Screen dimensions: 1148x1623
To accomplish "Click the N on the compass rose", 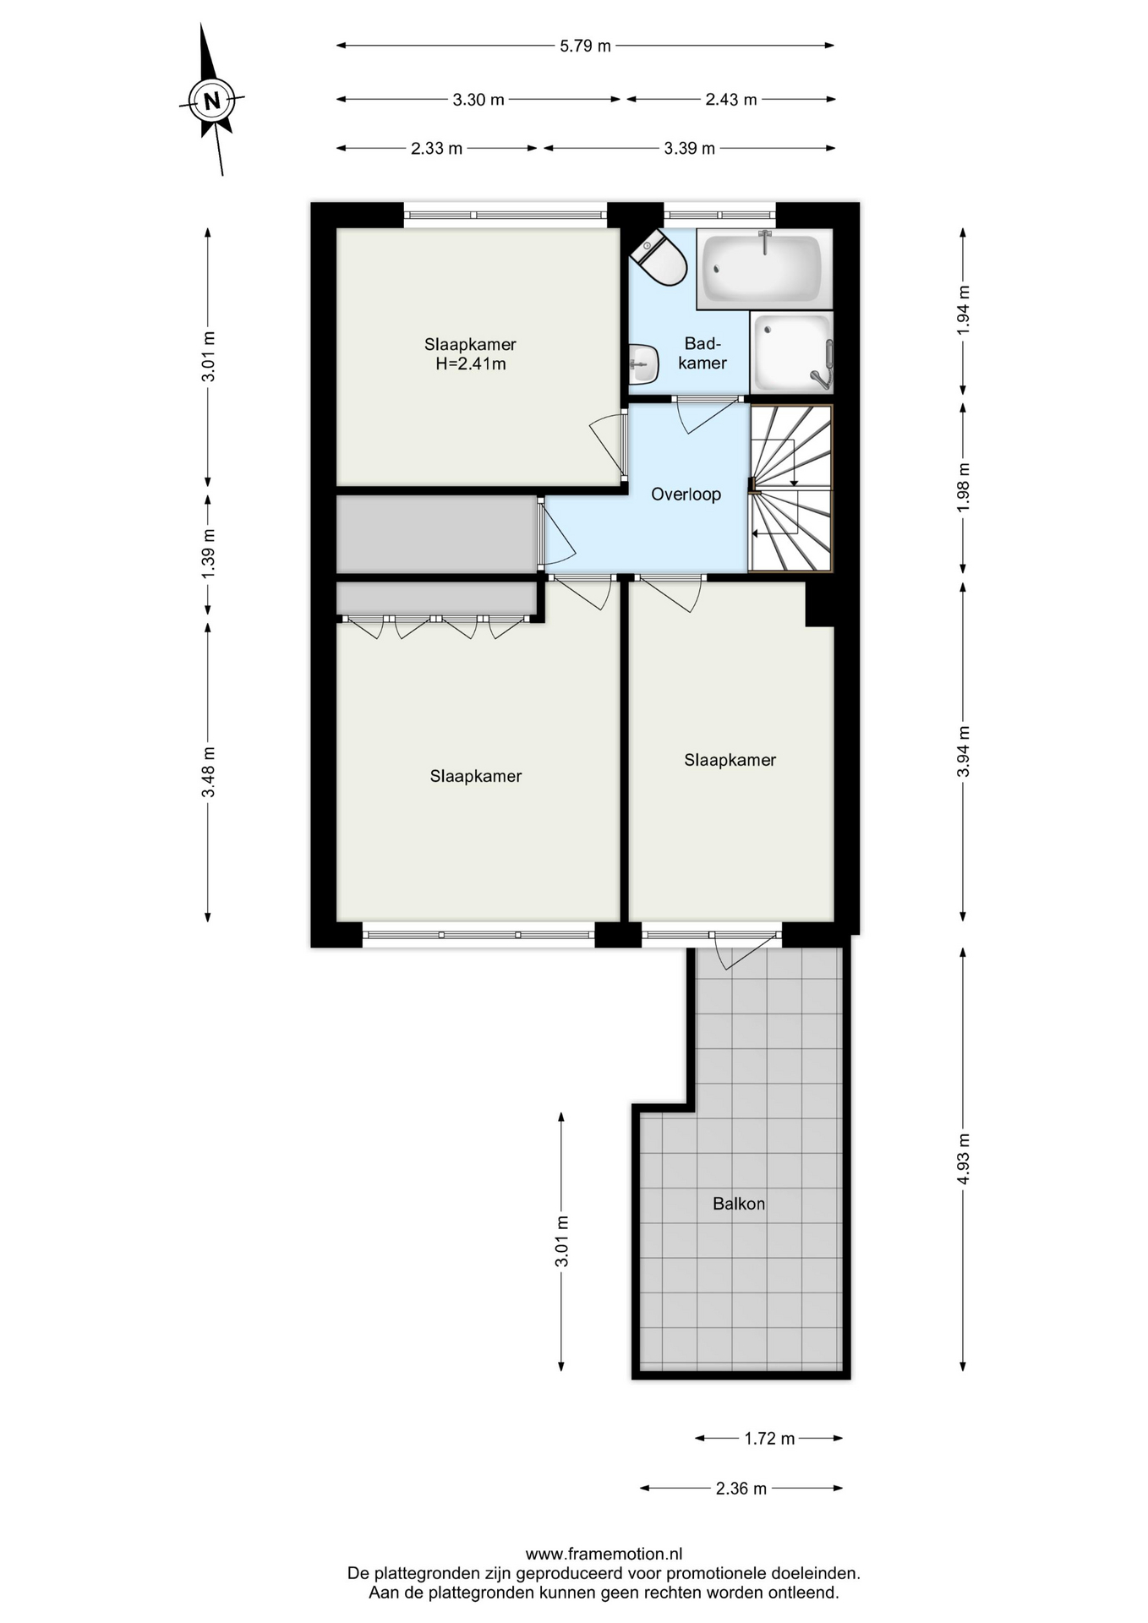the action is (x=211, y=101).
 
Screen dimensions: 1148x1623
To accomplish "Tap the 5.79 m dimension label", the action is (x=585, y=46).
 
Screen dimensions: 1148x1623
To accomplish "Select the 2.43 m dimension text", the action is (x=731, y=100).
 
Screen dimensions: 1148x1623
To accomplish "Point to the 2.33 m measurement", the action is (x=436, y=149).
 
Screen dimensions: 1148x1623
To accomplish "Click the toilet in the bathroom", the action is (x=659, y=256).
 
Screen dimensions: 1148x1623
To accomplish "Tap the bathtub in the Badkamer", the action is (x=764, y=268).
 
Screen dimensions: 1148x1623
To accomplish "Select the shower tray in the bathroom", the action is (x=791, y=352).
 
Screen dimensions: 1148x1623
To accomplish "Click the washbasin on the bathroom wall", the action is (x=643, y=364).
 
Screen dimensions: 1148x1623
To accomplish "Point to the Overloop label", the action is (x=686, y=495).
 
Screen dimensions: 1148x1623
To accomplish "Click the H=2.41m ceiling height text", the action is (x=471, y=364).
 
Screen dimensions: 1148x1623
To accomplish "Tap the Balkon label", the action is (x=739, y=1204).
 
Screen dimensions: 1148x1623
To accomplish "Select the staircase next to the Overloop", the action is (x=791, y=489).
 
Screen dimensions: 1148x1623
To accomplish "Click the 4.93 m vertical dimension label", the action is (x=963, y=1159).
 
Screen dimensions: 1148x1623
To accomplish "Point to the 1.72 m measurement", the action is (x=769, y=1439).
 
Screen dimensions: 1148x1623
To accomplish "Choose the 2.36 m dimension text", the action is (x=741, y=1489).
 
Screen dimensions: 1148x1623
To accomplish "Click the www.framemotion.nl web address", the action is (x=604, y=1554).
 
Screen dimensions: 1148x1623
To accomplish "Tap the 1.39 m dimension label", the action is (x=208, y=554).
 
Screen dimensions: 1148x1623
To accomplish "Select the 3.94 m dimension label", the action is (x=963, y=751).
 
